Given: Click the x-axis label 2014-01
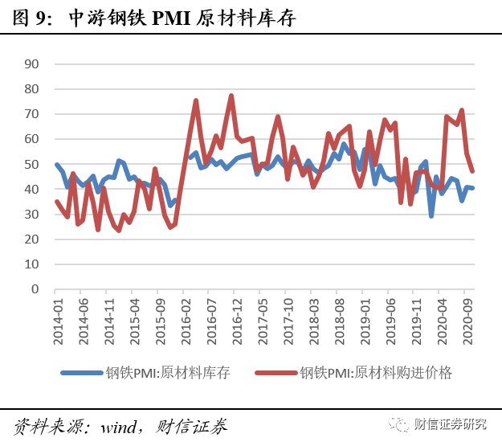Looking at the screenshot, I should click(x=59, y=322).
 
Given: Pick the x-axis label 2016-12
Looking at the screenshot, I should click(x=237, y=322).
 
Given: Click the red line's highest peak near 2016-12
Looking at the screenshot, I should click(x=231, y=96).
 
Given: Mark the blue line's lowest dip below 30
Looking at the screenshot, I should click(x=431, y=215).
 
